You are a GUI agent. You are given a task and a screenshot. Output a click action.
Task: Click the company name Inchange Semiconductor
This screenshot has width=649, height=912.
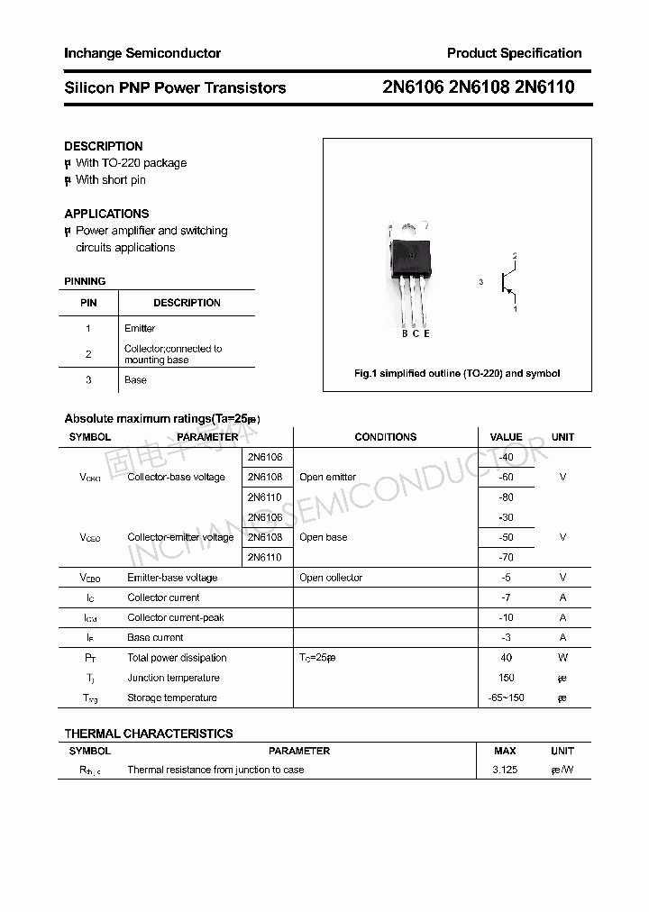[142, 53]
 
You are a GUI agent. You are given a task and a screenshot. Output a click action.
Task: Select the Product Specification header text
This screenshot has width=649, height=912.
[514, 53]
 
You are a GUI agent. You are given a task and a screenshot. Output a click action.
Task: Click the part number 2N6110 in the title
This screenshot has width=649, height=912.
[544, 87]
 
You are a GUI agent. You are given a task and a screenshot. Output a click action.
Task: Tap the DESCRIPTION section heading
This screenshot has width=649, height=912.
[104, 146]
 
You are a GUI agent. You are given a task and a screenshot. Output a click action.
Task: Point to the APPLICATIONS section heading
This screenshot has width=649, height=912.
[106, 214]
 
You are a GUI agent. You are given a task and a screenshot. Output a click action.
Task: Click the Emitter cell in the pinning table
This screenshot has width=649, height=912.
[140, 328]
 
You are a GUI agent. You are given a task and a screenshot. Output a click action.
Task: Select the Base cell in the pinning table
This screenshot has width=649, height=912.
[135, 379]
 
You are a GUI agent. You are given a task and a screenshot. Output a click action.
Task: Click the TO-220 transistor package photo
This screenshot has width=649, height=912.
[409, 270]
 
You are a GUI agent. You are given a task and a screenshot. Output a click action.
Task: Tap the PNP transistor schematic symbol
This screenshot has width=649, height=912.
[507, 283]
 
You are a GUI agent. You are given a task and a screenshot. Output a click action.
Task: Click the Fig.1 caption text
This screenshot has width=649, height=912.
[457, 373]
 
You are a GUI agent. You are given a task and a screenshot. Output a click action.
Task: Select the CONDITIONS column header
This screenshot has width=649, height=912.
[385, 437]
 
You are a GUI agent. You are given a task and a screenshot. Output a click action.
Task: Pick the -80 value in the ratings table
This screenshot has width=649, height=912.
[506, 497]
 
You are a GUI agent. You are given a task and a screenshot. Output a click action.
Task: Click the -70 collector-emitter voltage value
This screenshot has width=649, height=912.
[506, 558]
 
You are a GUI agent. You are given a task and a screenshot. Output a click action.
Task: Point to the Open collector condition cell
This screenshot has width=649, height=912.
[331, 578]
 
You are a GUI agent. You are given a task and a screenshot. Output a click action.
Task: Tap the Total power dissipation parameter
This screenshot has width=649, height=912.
[177, 658]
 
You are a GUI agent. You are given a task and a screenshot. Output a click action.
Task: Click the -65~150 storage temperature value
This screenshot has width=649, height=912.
[506, 698]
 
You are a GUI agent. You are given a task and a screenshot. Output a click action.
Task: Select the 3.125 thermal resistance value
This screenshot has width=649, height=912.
[505, 770]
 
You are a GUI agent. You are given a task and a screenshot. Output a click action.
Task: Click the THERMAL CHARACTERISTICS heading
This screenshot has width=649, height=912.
[149, 734]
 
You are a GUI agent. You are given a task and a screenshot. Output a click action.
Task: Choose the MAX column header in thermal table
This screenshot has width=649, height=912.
[505, 751]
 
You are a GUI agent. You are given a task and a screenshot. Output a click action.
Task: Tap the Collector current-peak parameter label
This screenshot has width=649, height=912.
[176, 617]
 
